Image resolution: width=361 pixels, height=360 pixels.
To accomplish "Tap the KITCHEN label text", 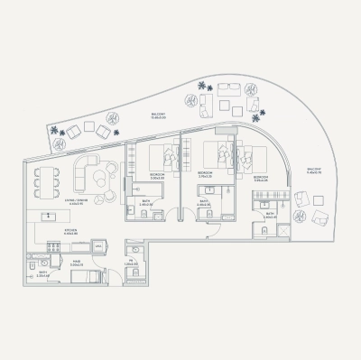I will [x=70, y=232].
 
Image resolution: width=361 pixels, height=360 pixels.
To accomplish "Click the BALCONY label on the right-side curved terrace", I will [x=314, y=170].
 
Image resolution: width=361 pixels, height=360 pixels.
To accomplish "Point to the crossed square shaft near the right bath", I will [x=284, y=230].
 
